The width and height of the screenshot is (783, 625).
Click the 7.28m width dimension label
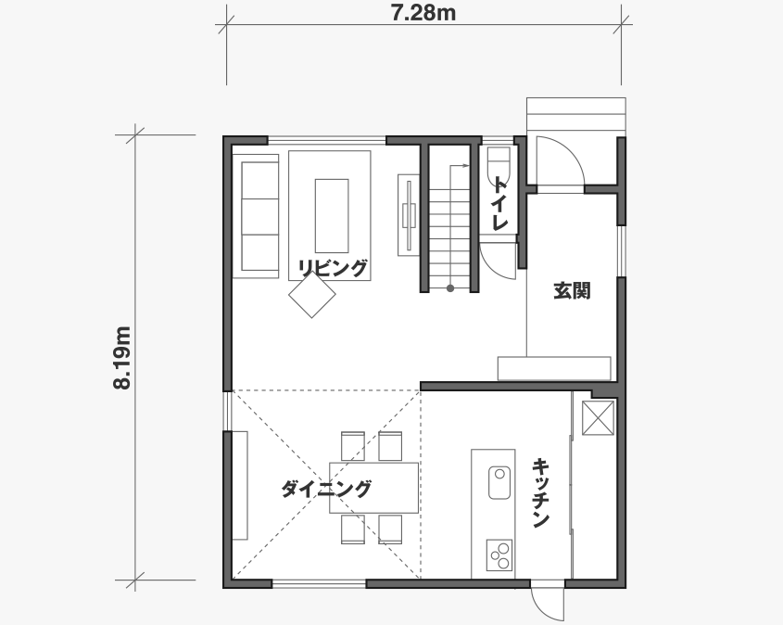(x=423, y=14)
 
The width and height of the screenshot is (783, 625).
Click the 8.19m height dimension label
(x=121, y=358)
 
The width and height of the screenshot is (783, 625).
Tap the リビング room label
(x=333, y=268)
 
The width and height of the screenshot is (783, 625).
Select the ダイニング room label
(x=326, y=489)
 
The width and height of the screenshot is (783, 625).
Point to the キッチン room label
(x=541, y=492)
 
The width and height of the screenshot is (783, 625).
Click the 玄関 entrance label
(x=572, y=290)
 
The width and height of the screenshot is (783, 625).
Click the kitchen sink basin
(x=499, y=482)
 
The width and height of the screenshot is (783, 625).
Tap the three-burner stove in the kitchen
(x=499, y=555)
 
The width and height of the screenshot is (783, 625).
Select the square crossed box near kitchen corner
(x=599, y=417)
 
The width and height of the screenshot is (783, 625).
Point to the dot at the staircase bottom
(x=450, y=288)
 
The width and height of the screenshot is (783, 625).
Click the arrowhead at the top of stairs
(x=466, y=165)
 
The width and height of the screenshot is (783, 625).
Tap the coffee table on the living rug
(x=332, y=216)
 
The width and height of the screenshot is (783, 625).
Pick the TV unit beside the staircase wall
(x=409, y=215)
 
